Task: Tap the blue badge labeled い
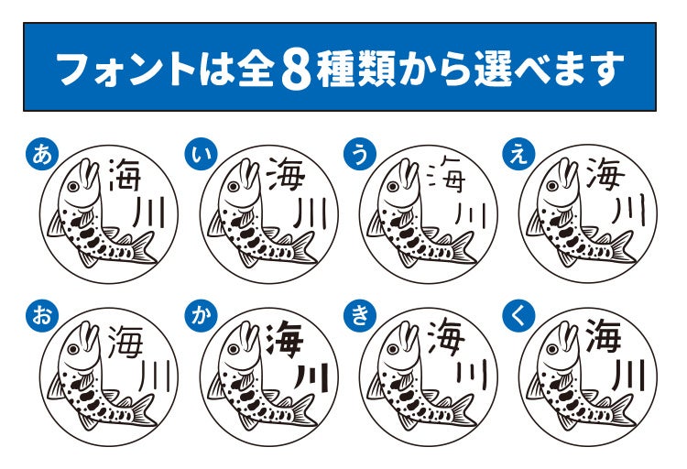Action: [x=201, y=155]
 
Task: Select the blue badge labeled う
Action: [x=360, y=155]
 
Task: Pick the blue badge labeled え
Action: [x=518, y=155]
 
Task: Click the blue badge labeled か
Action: [x=201, y=315]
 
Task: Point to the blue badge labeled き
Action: [x=360, y=315]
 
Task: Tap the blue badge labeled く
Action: [x=518, y=315]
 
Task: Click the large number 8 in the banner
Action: [x=296, y=69]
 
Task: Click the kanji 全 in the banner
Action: [x=256, y=69]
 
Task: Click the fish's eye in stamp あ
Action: [x=73, y=187]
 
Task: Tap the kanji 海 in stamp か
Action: [x=285, y=338]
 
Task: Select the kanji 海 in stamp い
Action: [x=285, y=175]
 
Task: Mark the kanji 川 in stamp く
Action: [x=627, y=376]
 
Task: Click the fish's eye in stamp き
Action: [x=393, y=349]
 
